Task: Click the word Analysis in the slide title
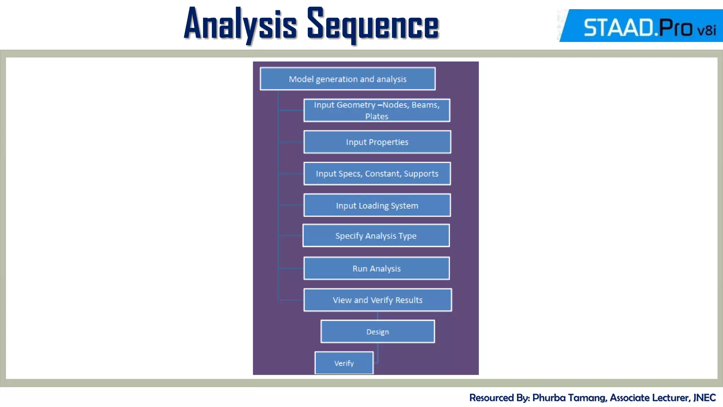tap(240, 25)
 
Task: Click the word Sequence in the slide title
tap(373, 25)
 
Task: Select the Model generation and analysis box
tap(348, 79)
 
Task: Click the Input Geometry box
tap(377, 110)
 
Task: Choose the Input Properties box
tap(377, 142)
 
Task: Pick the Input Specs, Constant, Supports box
tap(377, 173)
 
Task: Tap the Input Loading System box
tap(377, 205)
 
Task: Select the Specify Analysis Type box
tap(376, 236)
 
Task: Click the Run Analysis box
tap(376, 269)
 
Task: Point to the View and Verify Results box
tap(377, 300)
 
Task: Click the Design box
tap(377, 332)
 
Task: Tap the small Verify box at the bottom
tap(344, 363)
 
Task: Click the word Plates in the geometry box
tap(377, 117)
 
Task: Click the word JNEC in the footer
tap(704, 398)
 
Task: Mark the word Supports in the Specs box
tap(421, 174)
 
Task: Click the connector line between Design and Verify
tap(378, 353)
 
